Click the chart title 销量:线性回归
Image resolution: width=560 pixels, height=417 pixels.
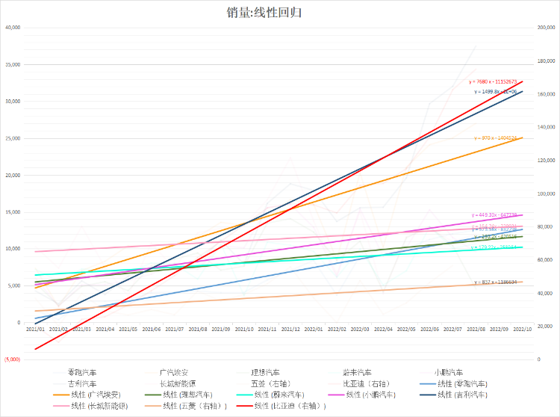(x=264, y=13)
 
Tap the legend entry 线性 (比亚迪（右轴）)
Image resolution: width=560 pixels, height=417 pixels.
(x=289, y=406)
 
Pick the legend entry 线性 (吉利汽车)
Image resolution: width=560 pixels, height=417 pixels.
(x=461, y=394)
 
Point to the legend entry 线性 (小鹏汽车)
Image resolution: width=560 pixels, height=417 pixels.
(x=371, y=394)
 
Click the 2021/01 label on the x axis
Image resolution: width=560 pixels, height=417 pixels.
(x=35, y=329)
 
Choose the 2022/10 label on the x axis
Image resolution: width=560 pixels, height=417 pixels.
(x=522, y=329)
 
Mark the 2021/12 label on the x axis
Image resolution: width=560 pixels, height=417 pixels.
(x=290, y=329)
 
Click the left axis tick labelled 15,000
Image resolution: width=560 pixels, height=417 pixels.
(x=13, y=212)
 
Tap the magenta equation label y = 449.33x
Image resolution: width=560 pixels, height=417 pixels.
(x=494, y=214)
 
